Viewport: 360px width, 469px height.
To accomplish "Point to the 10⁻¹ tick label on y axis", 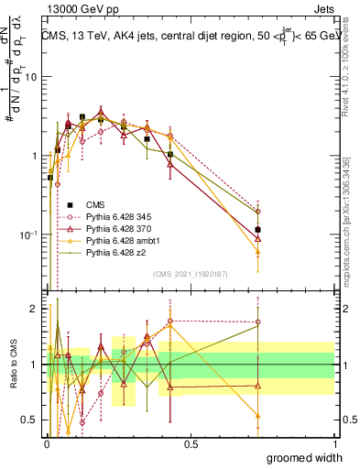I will coord(27,234).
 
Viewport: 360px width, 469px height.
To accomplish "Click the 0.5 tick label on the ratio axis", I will coord(29,420).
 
